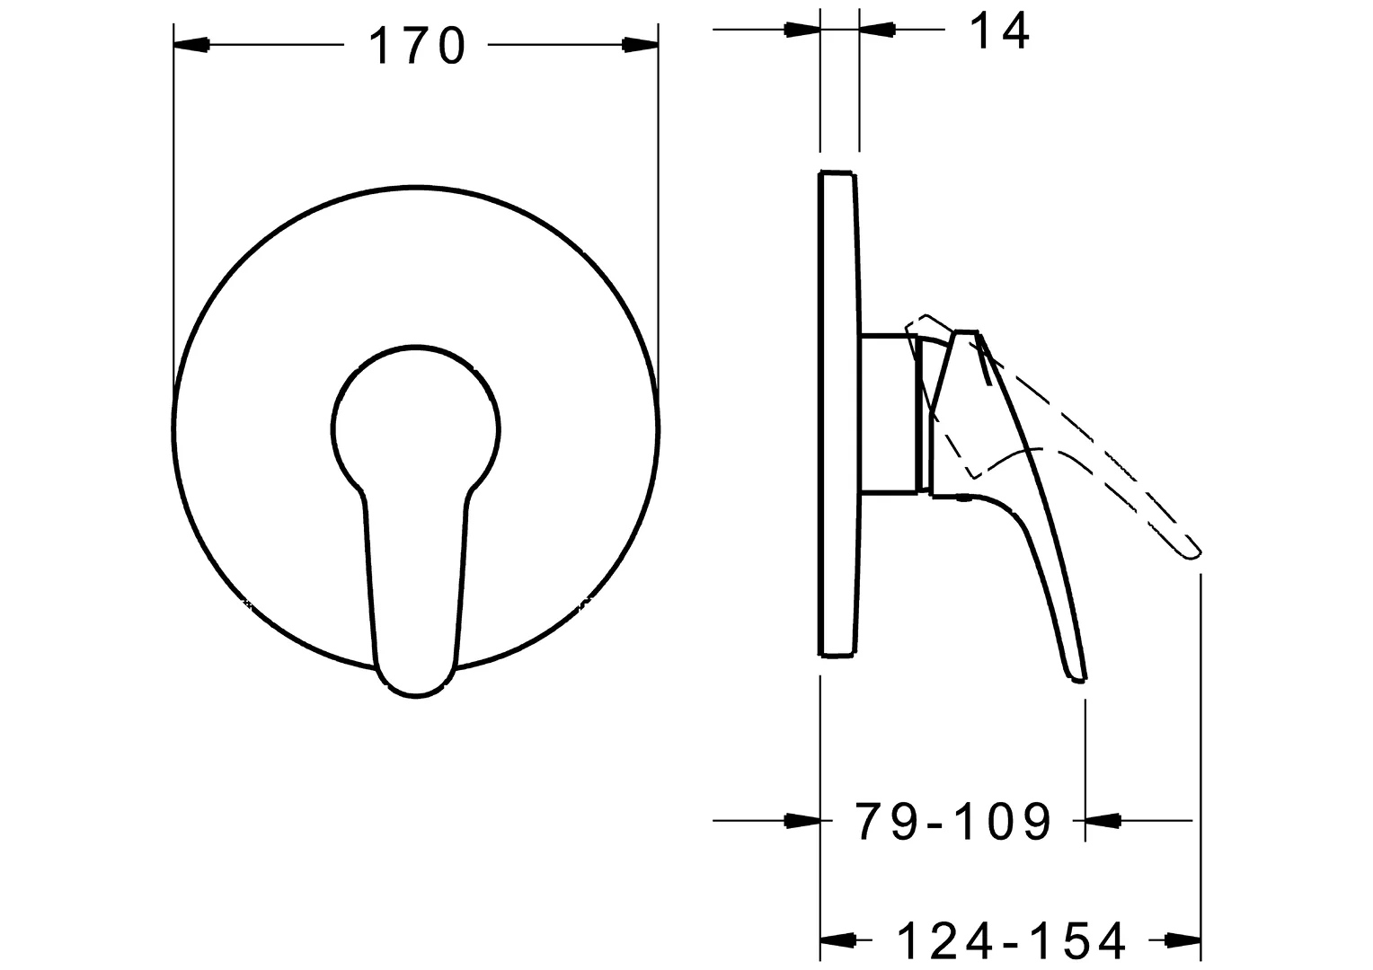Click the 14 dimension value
(999, 31)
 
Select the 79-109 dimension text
(952, 820)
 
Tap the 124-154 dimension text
(1012, 941)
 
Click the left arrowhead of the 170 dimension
(190, 44)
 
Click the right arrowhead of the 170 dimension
(641, 44)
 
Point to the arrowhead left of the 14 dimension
(802, 30)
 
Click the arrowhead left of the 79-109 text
(802, 819)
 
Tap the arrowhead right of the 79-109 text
(1103, 819)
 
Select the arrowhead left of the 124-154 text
(837, 940)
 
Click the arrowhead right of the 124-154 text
(1183, 940)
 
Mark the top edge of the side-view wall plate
(837, 172)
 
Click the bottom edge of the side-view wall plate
(837, 654)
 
